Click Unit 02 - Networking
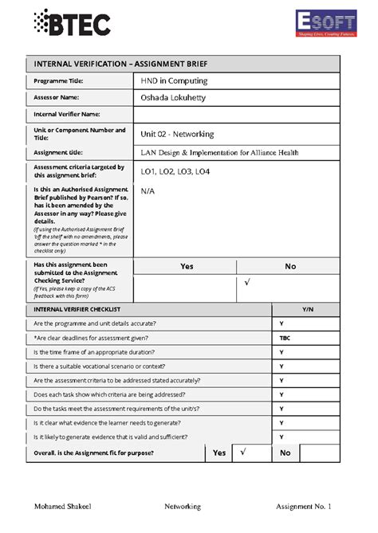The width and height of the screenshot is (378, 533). [177, 134]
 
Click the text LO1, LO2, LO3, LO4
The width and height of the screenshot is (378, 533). [175, 171]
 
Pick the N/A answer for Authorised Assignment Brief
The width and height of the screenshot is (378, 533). [148, 191]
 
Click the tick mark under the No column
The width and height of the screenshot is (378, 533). [247, 284]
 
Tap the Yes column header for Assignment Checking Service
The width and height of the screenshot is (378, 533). [187, 266]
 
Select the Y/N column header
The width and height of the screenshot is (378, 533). [308, 308]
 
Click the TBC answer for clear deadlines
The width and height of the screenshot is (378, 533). [285, 338]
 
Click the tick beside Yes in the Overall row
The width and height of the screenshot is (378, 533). [243, 452]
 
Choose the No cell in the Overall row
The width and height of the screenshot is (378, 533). [285, 453]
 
